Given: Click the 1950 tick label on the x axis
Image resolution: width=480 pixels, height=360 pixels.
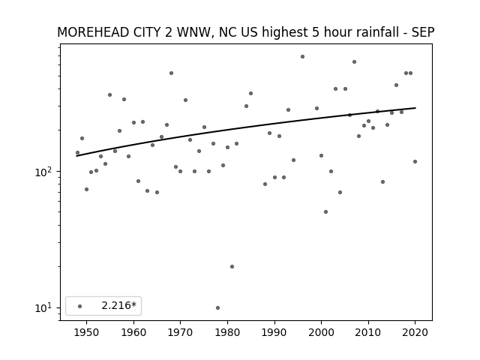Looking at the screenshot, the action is [x=87, y=332].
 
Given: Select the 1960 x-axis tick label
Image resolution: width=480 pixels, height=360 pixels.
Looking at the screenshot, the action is [x=133, y=332].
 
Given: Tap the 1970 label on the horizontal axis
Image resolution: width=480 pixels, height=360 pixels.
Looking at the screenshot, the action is [x=180, y=332].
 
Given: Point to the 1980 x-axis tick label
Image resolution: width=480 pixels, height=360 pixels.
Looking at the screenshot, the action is [x=227, y=332].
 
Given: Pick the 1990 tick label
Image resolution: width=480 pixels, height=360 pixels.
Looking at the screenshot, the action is [x=274, y=332].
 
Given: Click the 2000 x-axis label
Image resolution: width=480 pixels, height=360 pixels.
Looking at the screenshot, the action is [x=321, y=332].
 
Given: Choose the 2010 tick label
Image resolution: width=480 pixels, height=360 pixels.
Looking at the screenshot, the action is [x=368, y=332].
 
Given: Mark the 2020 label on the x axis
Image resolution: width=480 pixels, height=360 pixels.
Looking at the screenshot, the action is [x=415, y=332].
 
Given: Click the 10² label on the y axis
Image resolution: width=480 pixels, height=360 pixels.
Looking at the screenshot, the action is [x=43, y=172].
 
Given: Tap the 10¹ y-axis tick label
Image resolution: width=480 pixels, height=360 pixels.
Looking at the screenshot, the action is [x=43, y=308].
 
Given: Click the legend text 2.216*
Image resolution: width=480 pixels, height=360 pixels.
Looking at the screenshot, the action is [x=118, y=305].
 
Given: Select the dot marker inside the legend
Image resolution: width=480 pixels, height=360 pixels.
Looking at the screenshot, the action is [x=79, y=306].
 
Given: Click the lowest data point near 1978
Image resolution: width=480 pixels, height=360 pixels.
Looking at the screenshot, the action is [x=217, y=308].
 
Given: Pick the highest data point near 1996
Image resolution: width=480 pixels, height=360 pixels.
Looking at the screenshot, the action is [x=302, y=57].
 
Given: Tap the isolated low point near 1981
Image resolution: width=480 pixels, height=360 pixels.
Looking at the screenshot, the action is [x=232, y=267].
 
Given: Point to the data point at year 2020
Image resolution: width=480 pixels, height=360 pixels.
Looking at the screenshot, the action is [x=415, y=162].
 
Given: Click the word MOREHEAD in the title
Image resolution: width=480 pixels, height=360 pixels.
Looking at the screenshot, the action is [x=93, y=32].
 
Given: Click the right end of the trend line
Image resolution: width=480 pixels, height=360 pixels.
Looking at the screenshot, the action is [x=415, y=108].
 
